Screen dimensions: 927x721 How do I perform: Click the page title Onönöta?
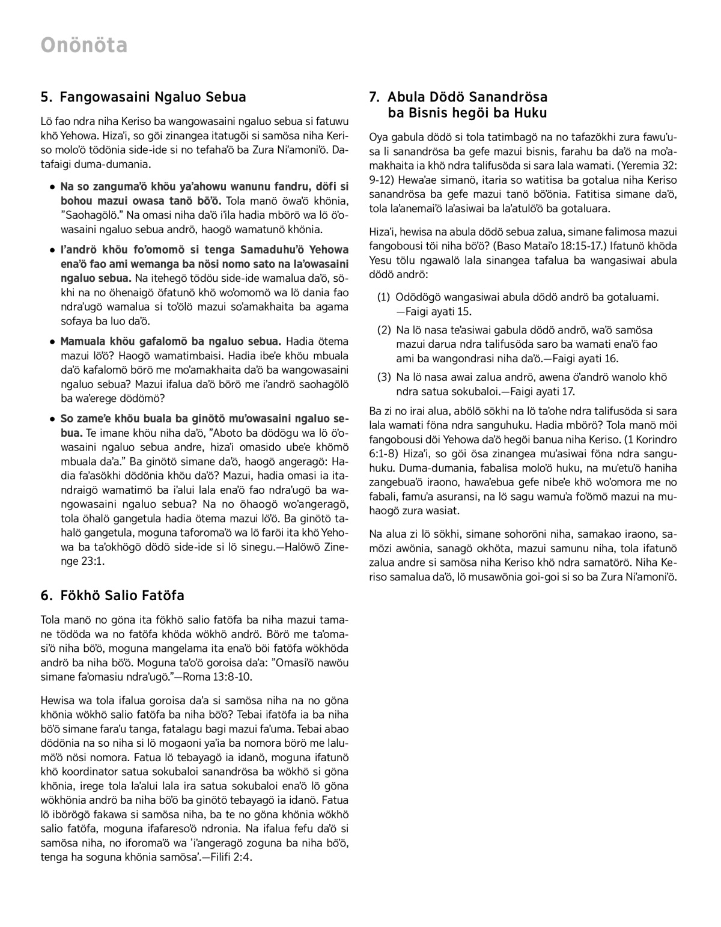click(84, 45)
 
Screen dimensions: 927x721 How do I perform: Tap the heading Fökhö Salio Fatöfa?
click(122, 596)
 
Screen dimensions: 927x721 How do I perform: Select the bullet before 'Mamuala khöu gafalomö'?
click(53, 342)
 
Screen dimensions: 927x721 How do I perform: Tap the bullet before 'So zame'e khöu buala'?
click(53, 419)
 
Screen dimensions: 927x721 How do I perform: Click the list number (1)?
click(384, 297)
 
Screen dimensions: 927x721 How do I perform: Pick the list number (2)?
click(384, 330)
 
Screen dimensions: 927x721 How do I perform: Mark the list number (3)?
click(384, 377)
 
